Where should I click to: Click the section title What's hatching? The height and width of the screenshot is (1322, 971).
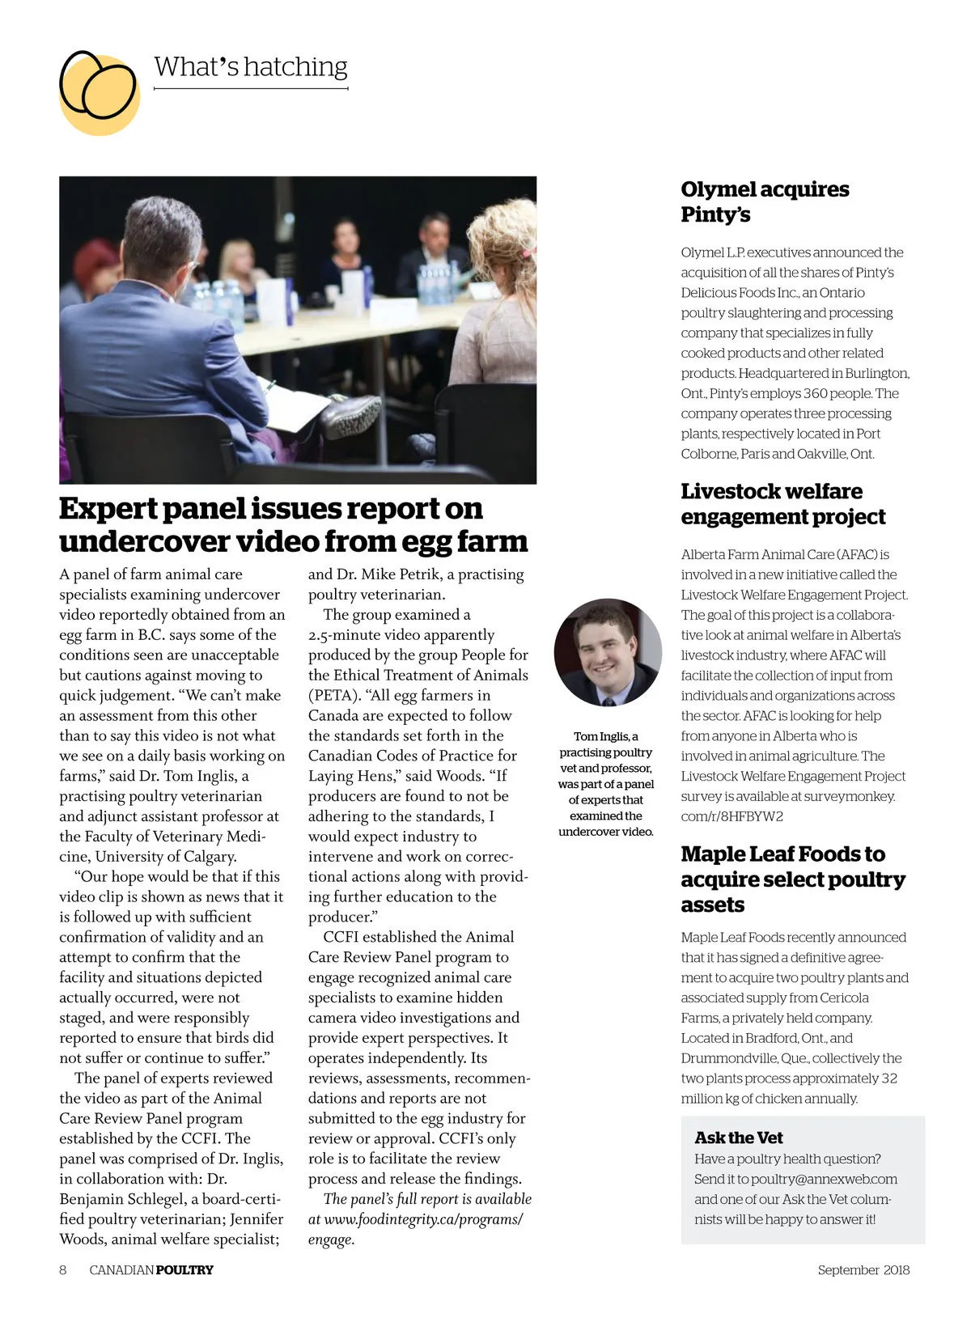[x=250, y=66]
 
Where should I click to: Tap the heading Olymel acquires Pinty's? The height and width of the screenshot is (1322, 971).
[x=764, y=201]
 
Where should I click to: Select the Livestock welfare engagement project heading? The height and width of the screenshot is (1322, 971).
[x=782, y=503]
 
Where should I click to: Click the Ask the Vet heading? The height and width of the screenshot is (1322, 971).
[x=738, y=1138]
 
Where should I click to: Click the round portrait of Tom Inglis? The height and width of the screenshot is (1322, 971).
[x=608, y=651]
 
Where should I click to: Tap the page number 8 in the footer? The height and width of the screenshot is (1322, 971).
[x=63, y=1269]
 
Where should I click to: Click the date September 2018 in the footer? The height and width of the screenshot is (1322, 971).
[x=863, y=1269]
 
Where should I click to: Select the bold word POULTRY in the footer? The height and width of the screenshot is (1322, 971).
[x=184, y=1269]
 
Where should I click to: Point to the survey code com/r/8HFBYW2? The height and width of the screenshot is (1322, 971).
[x=731, y=816]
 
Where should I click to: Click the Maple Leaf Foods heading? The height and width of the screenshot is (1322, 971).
[x=792, y=879]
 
